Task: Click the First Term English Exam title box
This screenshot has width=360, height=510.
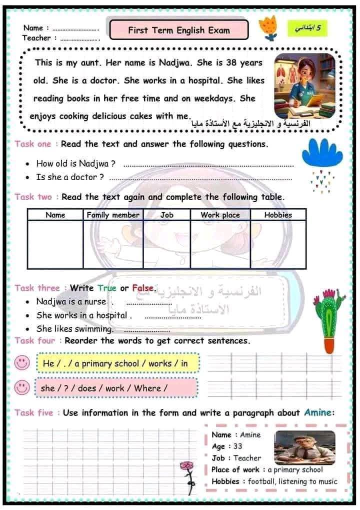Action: [178, 30]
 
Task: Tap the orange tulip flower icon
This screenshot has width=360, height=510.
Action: [270, 28]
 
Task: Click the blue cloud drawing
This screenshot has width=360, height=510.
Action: [322, 153]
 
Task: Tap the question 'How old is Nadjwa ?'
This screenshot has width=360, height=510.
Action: [76, 163]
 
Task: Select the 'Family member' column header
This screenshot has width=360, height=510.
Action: [113, 215]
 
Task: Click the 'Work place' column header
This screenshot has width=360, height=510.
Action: [220, 215]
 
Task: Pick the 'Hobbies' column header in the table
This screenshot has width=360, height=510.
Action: [278, 215]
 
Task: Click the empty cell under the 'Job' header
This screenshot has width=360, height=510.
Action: [166, 244]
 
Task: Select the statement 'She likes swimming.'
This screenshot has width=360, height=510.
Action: [75, 329]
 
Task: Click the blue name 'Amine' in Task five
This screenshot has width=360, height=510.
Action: [318, 413]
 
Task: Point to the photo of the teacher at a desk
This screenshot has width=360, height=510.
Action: [304, 447]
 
